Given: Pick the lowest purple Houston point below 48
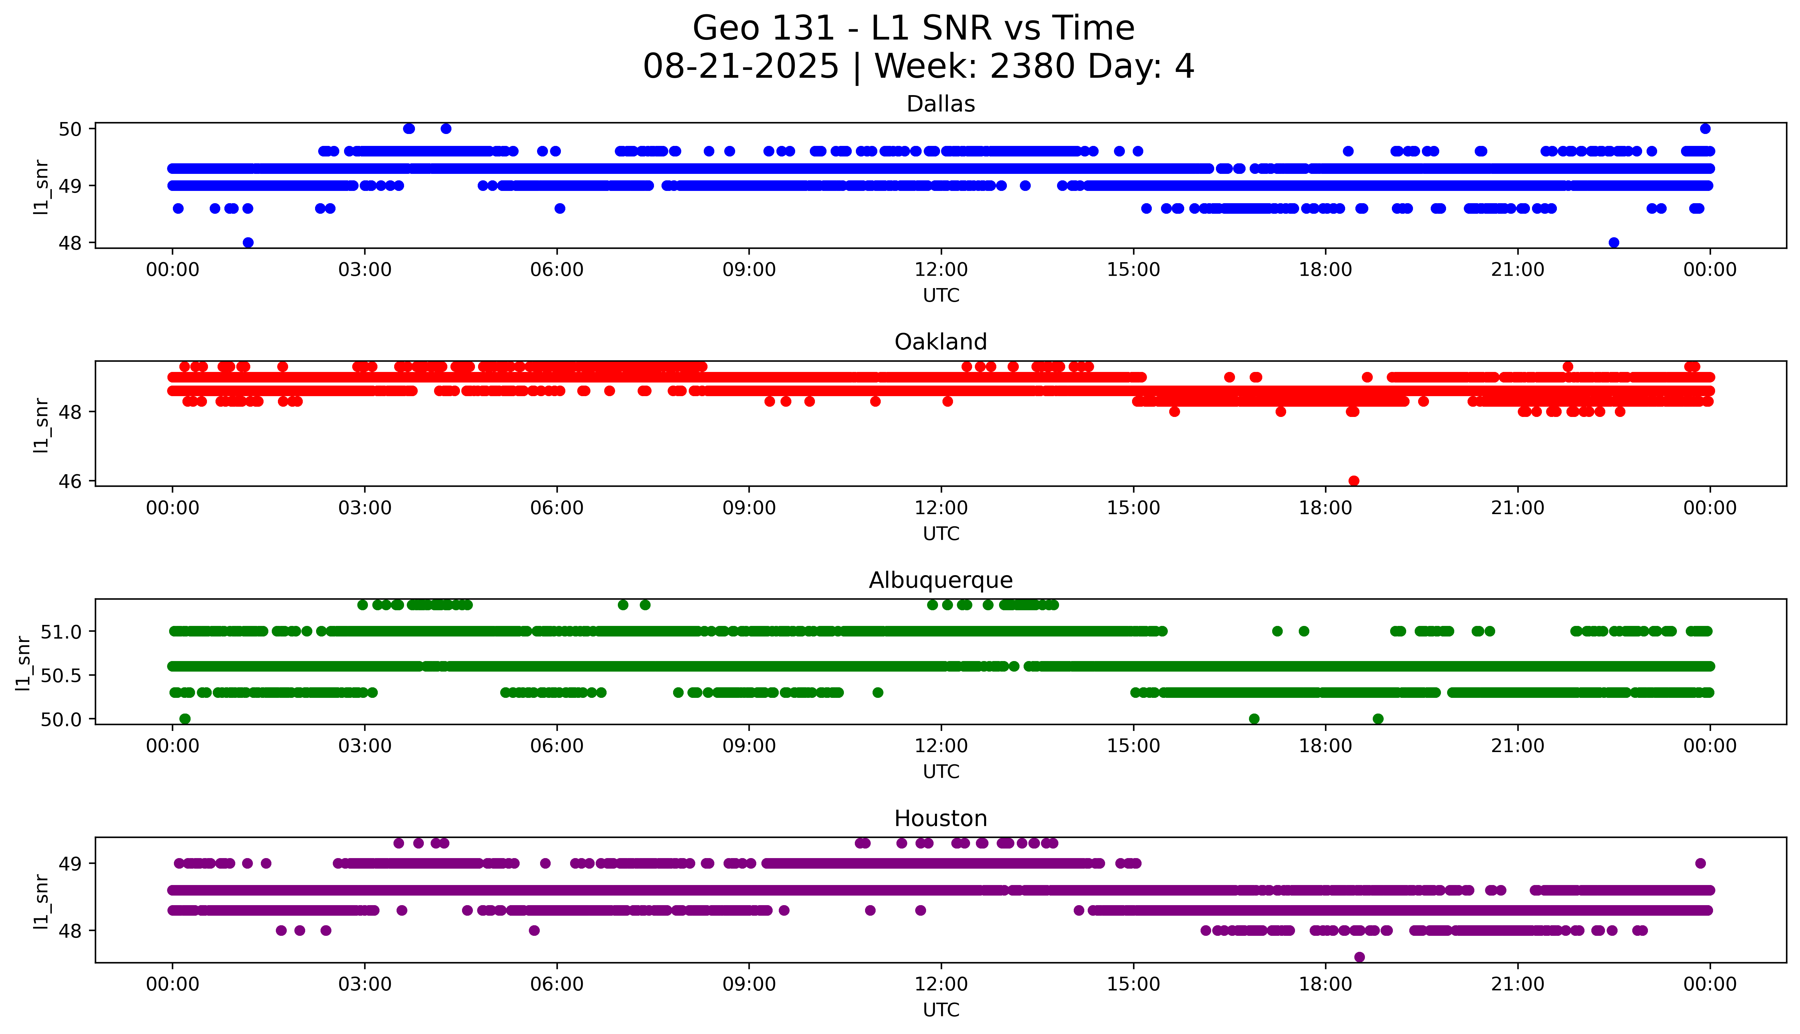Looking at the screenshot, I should [x=1359, y=957].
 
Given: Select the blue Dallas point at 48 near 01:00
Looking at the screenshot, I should [x=248, y=242].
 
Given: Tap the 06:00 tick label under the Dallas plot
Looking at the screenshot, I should [x=557, y=270].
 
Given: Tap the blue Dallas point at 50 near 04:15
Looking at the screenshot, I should [x=446, y=129].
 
